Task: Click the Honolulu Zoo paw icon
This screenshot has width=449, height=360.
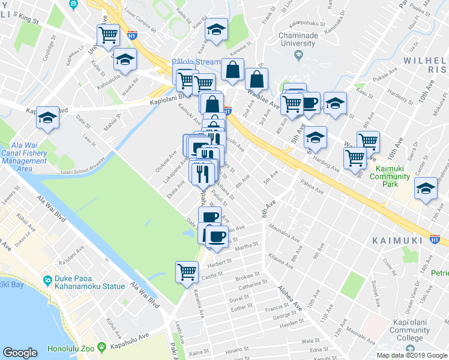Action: coord(103,347)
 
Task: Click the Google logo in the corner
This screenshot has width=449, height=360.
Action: coord(20,353)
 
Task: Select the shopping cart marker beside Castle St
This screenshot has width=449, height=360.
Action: coord(187,271)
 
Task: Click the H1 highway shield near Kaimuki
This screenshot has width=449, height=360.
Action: coord(435,239)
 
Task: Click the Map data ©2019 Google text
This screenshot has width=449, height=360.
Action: coord(412,355)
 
